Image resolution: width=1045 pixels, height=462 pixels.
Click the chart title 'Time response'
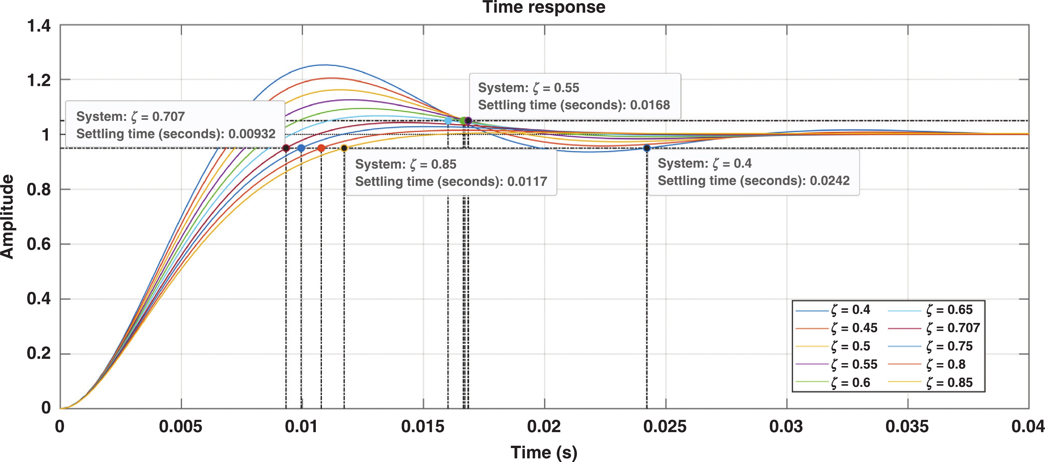pos(544,7)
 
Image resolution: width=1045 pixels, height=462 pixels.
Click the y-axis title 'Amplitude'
pos(7,216)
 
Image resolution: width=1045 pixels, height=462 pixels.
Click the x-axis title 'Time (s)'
pos(544,452)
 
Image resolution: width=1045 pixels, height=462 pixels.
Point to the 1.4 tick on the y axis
pos(39,26)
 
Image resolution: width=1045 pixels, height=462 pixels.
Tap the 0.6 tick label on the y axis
pos(39,244)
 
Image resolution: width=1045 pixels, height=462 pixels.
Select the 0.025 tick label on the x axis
pos(665,426)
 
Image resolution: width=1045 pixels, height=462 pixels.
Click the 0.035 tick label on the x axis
pos(907,426)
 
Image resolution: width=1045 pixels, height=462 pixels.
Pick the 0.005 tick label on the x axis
pos(180,426)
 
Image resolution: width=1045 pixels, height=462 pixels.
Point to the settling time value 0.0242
pos(830,180)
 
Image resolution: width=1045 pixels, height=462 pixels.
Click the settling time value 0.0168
pos(650,105)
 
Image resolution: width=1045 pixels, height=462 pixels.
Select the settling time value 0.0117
pos(527,181)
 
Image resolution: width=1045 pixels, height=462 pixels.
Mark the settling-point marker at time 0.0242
pos(647,148)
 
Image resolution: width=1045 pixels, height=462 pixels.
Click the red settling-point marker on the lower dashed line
pos(321,148)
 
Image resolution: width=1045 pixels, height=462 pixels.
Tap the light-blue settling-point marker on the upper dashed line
pos(448,120)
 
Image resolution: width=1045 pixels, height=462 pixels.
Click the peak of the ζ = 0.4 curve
pos(324,65)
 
